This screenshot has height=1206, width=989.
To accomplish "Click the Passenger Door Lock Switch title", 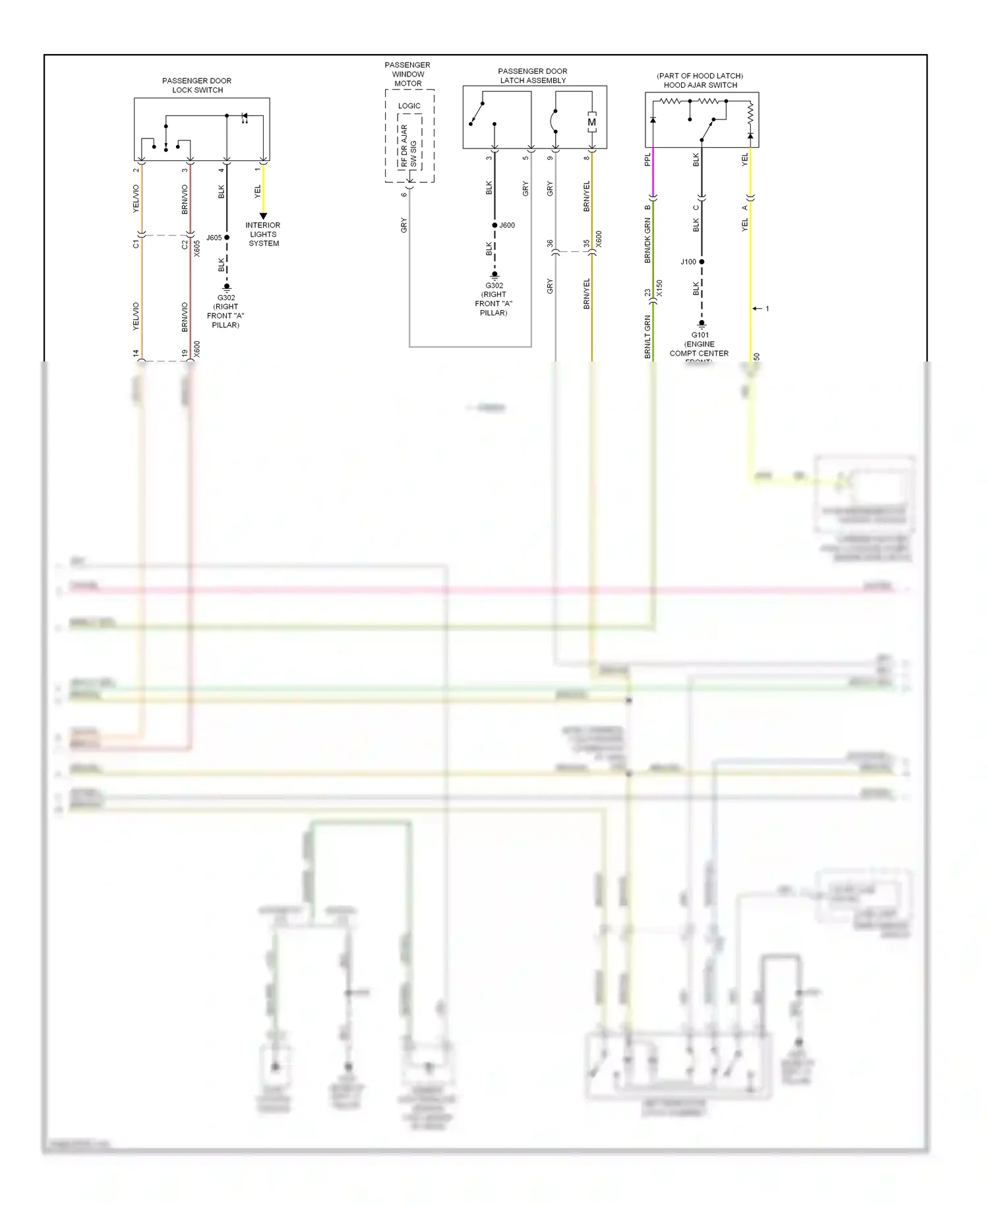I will pos(196,85).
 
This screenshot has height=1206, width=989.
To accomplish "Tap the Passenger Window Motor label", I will pos(407,74).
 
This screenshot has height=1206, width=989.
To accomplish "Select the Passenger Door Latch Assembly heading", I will pos(533,76).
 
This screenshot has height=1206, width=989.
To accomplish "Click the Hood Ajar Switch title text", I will pos(700,85).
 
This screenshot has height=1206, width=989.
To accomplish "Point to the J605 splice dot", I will pos(227,238).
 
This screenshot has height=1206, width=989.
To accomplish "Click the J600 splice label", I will pos(507,226).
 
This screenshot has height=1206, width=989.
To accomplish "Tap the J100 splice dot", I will pos(702,262).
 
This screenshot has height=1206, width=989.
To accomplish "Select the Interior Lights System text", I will pos(263,234).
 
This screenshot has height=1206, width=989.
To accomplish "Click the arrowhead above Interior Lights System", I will pos(263,216).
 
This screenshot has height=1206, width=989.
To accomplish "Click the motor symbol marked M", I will pos(592,122).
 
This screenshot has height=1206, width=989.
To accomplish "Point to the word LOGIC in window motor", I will pos(409,106).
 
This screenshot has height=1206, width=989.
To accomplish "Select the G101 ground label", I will pos(700,335).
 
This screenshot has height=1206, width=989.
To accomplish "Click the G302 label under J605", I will pos(226,298).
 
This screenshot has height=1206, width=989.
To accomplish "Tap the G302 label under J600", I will pos(494,286).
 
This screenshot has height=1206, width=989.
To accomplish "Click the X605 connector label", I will pos(196,248).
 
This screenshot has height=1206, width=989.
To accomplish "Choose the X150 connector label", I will pos(659,288).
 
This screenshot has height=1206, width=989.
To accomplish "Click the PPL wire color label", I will pos(647,159).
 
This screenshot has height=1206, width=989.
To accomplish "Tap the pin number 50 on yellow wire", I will pos(756,357).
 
